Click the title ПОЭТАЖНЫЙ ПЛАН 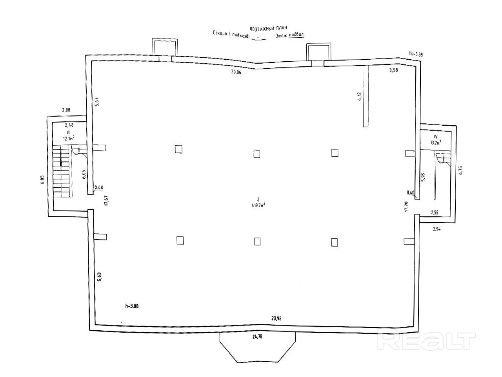268,28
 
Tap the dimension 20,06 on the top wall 236,71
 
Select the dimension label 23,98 276,318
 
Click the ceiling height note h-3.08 132,306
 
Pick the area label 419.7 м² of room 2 258,205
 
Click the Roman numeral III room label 69,132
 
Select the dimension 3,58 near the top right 393,71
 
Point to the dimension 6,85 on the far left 42,180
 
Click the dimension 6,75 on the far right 460,170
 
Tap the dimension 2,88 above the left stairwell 66,110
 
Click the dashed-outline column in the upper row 257,153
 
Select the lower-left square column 180,240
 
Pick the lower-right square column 335,242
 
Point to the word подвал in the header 296,35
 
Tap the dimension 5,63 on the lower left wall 100,276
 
